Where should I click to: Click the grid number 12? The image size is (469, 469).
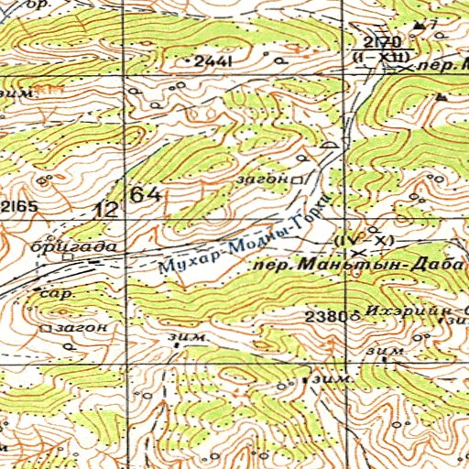(x=106, y=209)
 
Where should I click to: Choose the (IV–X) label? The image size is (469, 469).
(x=364, y=240)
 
